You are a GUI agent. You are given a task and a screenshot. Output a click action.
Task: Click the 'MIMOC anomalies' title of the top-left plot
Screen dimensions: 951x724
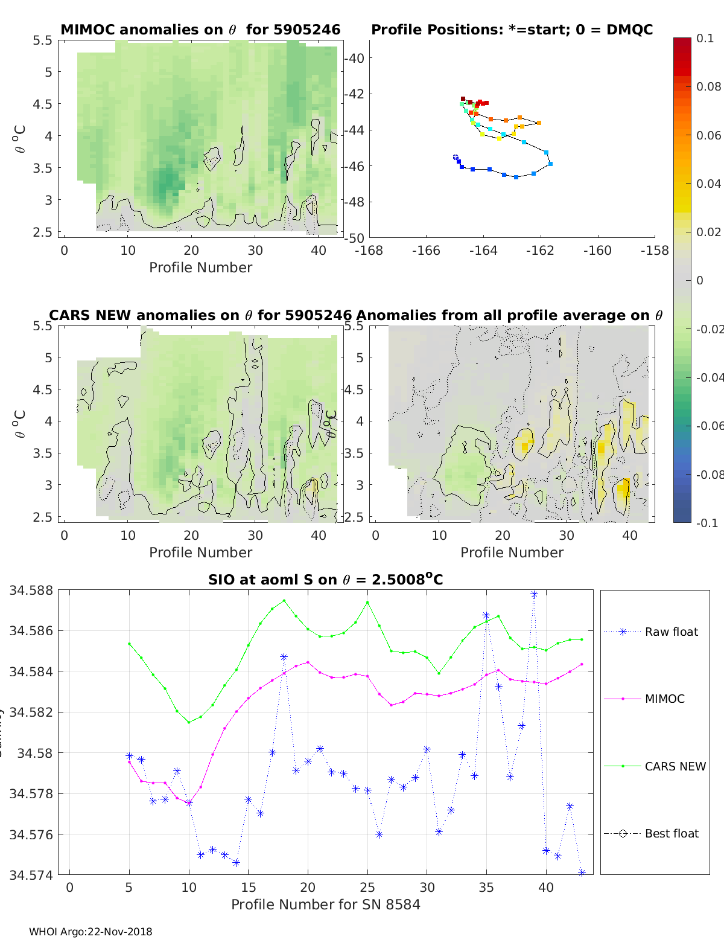click(200, 30)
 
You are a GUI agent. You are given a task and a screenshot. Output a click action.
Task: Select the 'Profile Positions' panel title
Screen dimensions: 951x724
click(512, 30)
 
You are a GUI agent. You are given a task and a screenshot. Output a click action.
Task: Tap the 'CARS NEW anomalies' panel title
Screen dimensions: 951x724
click(200, 315)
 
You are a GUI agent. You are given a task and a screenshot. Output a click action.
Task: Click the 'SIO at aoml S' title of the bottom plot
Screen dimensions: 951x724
click(326, 580)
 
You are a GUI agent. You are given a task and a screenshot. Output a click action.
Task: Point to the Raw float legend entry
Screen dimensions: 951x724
click(671, 632)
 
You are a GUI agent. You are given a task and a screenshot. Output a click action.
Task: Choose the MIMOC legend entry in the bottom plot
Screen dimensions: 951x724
click(664, 699)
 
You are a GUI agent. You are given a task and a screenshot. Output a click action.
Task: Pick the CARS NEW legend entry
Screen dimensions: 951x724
click(675, 767)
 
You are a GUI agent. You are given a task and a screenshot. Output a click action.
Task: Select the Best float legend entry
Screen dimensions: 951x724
click(672, 834)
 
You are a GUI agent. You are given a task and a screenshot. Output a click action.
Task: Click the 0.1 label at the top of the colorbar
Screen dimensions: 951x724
click(705, 39)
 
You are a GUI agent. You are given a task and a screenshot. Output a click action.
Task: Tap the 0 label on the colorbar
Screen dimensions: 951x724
click(700, 280)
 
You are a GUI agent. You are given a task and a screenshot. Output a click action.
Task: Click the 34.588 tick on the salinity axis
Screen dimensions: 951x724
click(31, 591)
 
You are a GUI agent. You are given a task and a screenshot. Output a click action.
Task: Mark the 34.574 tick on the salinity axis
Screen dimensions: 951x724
click(31, 875)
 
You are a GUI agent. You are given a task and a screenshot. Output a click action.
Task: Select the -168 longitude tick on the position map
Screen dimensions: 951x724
click(369, 251)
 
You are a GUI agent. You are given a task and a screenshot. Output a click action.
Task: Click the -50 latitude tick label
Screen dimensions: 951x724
click(354, 238)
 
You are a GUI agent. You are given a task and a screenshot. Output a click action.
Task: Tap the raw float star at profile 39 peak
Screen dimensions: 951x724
click(534, 595)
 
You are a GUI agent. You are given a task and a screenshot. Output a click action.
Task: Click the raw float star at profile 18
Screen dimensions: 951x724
click(284, 657)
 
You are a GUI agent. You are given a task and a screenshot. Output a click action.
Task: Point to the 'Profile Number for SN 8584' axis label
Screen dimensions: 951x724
click(326, 905)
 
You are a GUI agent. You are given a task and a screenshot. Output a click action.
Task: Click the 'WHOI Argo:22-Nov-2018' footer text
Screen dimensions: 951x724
click(91, 932)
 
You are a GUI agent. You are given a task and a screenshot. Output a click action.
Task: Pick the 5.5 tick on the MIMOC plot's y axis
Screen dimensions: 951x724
click(43, 40)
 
